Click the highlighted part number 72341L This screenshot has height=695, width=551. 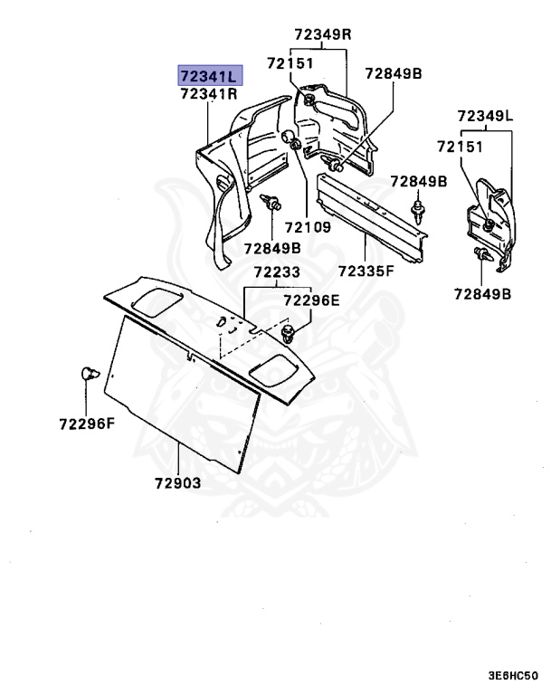[208, 75]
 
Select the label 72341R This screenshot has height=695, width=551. [208, 93]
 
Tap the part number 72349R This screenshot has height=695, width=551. [322, 34]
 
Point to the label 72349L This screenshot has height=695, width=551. [485, 116]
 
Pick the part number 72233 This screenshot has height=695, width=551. [274, 271]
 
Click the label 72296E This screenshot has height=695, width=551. [312, 300]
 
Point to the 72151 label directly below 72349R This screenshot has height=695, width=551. [290, 62]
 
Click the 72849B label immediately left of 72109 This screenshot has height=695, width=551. [271, 248]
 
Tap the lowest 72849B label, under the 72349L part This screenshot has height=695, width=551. [482, 293]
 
